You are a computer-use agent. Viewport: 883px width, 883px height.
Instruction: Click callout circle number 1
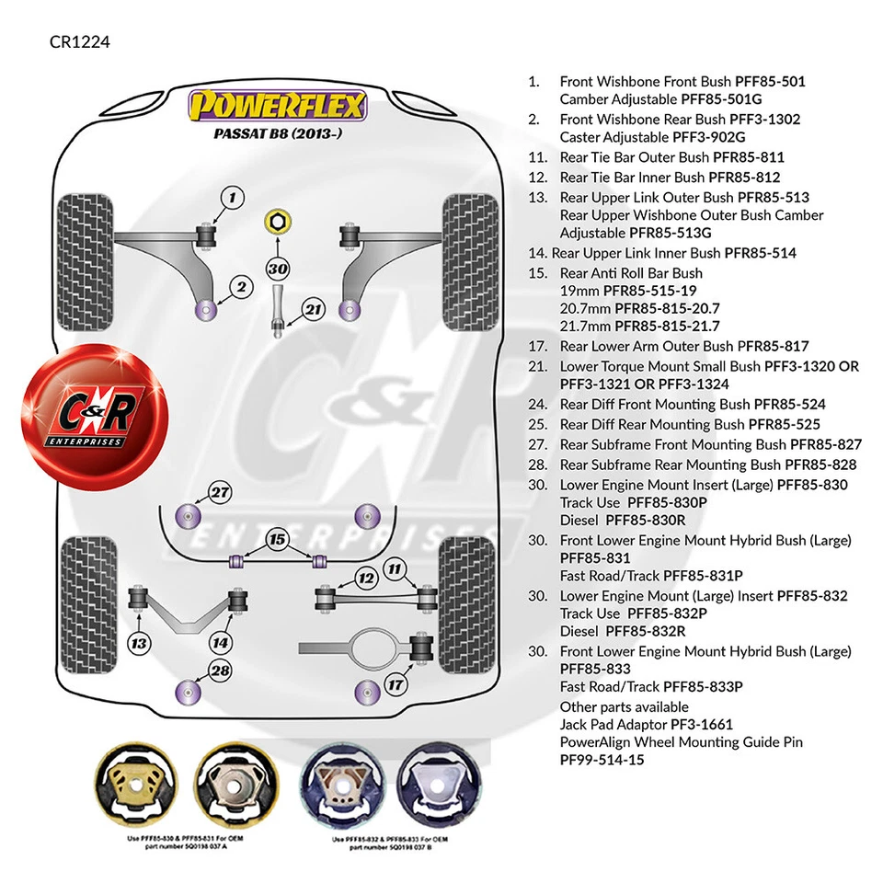pos(233,197)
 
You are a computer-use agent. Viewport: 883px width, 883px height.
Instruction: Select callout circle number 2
pos(241,287)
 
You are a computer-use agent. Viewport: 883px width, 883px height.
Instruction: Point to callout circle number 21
pos(314,310)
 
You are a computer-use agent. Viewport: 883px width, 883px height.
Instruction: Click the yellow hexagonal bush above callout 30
pos(275,221)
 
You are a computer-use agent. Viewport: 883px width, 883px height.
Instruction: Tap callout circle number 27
pos(220,492)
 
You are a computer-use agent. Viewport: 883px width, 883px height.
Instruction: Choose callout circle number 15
pos(277,539)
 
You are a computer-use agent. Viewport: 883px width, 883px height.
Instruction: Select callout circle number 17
pos(395,684)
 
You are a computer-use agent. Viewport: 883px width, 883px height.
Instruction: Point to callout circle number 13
pos(140,642)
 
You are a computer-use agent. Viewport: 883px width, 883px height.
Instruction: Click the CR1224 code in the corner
pos(80,42)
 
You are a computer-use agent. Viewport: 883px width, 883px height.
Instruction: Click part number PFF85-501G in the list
pos(721,98)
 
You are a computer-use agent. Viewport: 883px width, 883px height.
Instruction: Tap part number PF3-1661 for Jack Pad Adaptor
pos(702,725)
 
